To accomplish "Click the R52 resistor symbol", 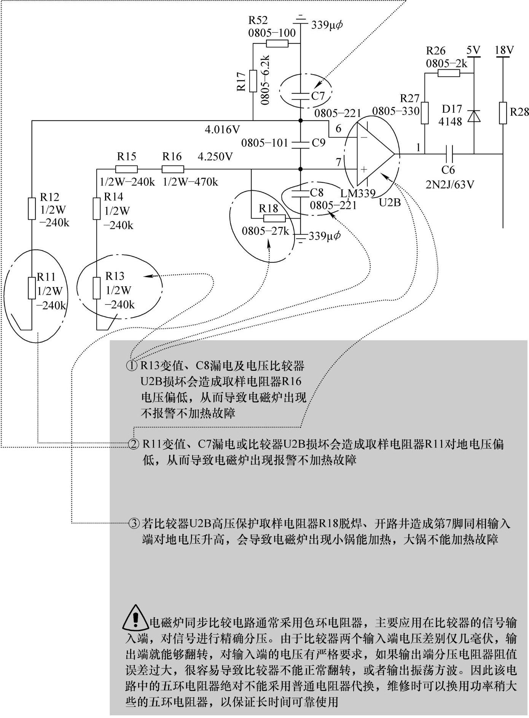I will pos(277,43).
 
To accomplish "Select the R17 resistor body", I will pos(253,81).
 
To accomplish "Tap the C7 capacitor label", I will pos(318,96).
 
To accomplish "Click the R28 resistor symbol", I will pos(503,113).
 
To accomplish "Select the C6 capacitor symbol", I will pos(449,154).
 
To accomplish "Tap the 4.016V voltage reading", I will pos(223,130).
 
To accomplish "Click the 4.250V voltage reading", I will pos(215,157).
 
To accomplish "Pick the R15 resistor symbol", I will pos(126,169).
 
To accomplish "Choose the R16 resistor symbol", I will pos(173,169).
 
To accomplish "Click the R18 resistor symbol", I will pos(274,218).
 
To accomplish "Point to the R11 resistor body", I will pos(32,288).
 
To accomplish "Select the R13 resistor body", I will pos(97,288).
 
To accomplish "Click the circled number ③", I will pos(134,524).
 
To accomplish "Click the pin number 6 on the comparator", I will pos(338,129).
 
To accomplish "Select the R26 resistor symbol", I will pos(449,73).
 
